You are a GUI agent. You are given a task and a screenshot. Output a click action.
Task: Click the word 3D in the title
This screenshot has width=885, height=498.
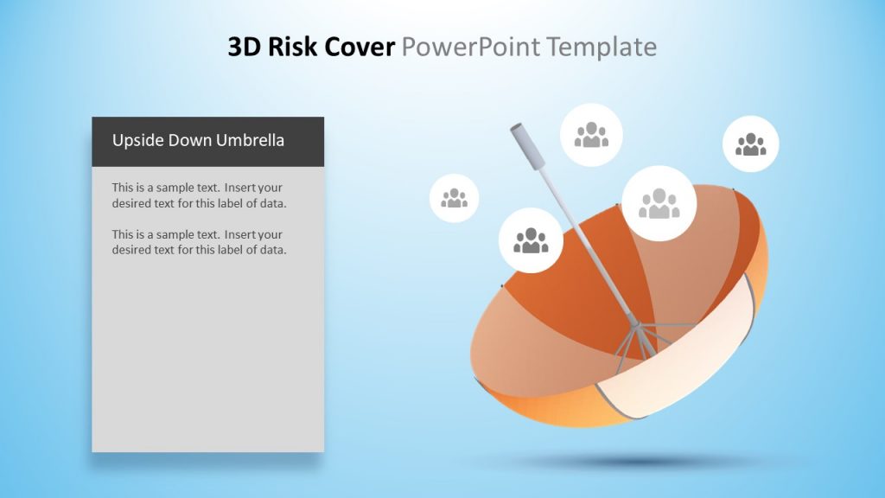tap(245, 47)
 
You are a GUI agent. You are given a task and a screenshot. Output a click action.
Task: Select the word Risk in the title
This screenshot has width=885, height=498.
tap(292, 47)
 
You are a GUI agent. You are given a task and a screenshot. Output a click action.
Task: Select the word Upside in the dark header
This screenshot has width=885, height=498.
tap(137, 140)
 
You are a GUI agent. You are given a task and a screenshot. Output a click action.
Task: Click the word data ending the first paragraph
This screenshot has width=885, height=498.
tap(271, 203)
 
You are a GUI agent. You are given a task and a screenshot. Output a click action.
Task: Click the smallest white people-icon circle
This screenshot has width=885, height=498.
tap(454, 198)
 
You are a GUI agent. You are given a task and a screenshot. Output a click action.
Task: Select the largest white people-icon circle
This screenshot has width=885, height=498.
tap(659, 203)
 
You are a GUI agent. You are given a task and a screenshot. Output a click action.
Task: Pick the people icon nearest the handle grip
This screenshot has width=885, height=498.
tap(591, 134)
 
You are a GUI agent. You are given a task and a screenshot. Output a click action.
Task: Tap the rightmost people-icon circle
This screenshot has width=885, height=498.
tap(750, 144)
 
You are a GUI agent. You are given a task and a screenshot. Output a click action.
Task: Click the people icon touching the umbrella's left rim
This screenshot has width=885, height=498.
tap(531, 239)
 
